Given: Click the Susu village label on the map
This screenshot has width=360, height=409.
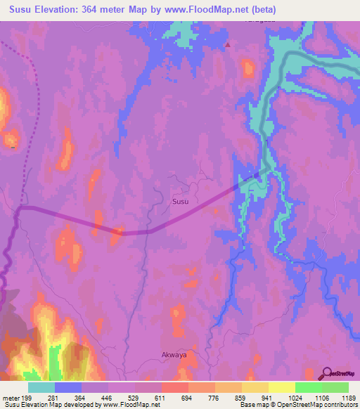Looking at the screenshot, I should [x=181, y=201].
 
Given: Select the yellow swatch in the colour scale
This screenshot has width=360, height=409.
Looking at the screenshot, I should [x=281, y=387].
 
